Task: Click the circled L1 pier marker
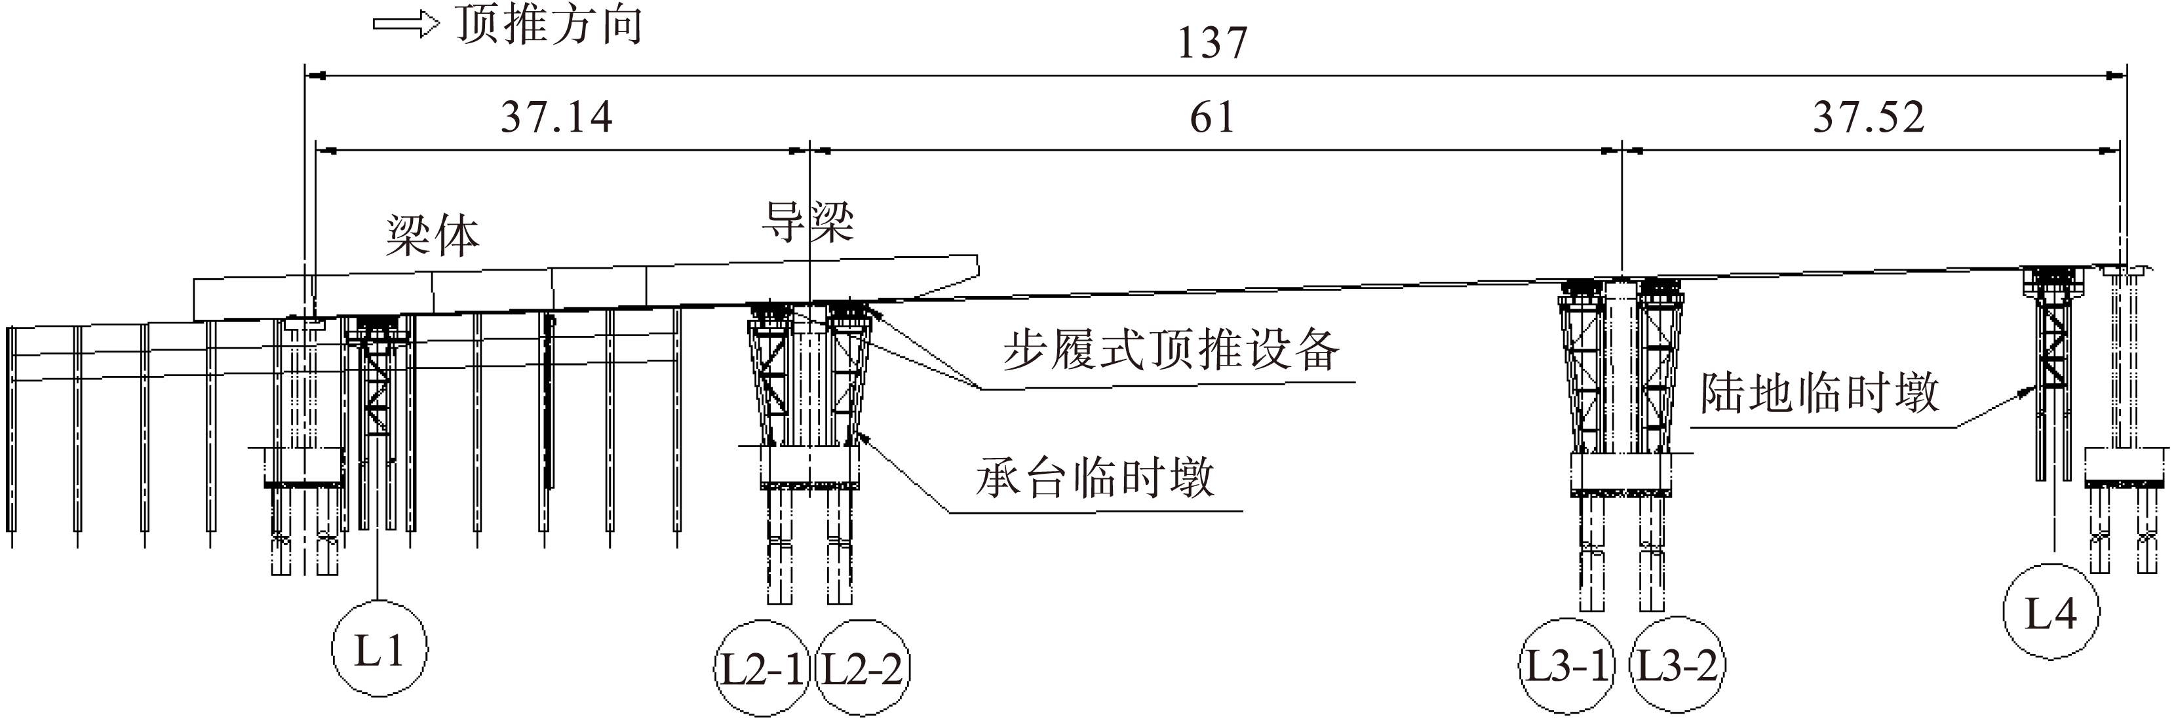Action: (x=379, y=648)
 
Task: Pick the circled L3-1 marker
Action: (x=1567, y=666)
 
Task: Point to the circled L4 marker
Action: (x=2051, y=612)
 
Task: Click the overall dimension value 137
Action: (x=1212, y=44)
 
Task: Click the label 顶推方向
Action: (x=549, y=26)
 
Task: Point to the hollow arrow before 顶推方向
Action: (x=406, y=26)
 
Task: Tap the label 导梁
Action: (x=807, y=221)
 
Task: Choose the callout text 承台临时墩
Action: (x=1095, y=478)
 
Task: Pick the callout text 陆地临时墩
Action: (x=1819, y=393)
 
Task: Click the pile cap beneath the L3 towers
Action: (x=1621, y=474)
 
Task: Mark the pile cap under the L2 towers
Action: (x=809, y=467)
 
